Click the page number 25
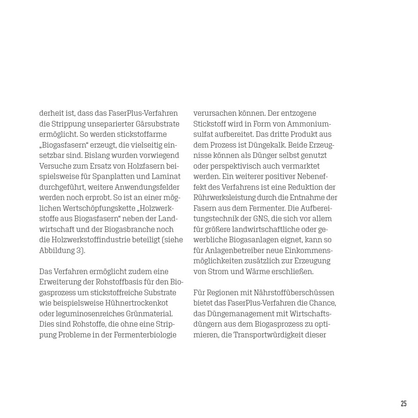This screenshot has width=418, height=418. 403,403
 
